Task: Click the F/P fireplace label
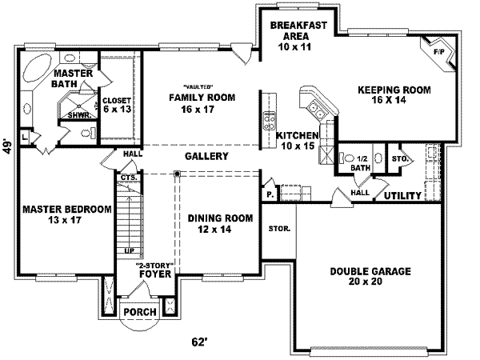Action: [x=438, y=51]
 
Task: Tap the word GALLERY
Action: [x=207, y=156]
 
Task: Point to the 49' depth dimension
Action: [x=8, y=146]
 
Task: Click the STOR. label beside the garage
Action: [x=279, y=229]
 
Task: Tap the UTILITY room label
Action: [x=403, y=195]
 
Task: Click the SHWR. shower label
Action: [x=77, y=114]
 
